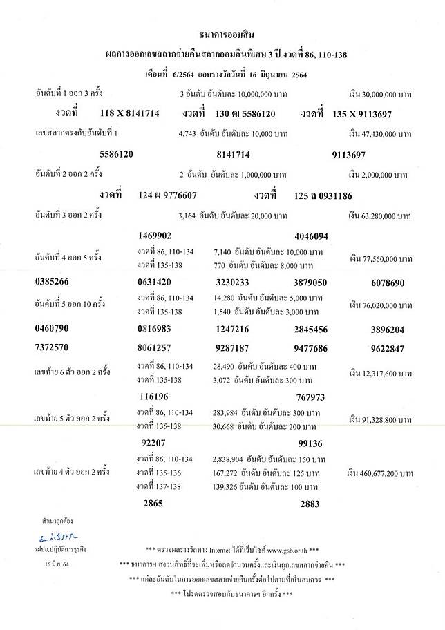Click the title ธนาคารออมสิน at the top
[224, 32]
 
